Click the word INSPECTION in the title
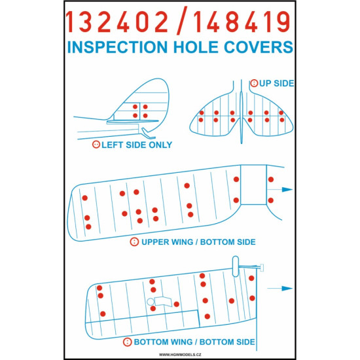123,48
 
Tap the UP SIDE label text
276,83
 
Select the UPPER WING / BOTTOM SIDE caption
198,242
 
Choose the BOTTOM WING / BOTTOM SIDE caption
194,342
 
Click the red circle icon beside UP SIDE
255,83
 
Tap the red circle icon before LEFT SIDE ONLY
96,145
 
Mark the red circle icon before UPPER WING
135,242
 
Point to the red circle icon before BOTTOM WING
126,342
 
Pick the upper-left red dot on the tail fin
135,107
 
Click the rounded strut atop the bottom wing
234,263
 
